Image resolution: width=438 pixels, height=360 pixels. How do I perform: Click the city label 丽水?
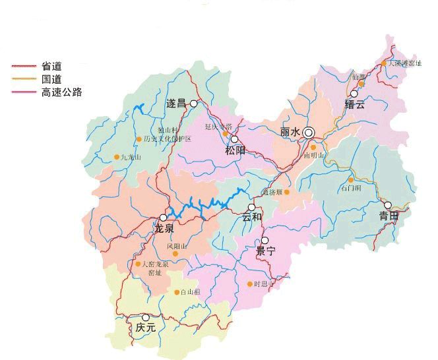click(x=290, y=133)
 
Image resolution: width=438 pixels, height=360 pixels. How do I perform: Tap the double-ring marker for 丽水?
click(x=309, y=133)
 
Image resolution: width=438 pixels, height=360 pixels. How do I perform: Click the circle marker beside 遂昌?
click(x=194, y=104)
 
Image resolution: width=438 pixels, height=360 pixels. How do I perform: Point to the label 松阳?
click(x=235, y=150)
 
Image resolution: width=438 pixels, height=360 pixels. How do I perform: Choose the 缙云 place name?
click(x=354, y=105)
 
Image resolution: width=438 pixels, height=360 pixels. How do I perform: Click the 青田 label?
click(x=389, y=216)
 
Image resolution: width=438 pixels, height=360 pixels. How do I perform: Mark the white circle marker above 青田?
click(x=388, y=205)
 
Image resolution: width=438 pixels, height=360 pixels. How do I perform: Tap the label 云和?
click(x=252, y=217)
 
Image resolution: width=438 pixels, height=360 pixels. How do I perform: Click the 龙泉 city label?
click(x=164, y=229)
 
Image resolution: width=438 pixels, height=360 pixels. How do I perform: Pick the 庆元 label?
click(x=145, y=327)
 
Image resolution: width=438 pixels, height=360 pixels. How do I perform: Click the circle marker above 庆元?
click(x=146, y=317)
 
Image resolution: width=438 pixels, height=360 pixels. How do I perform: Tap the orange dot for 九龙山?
click(x=117, y=157)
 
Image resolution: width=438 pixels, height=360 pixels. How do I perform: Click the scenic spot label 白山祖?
click(x=191, y=292)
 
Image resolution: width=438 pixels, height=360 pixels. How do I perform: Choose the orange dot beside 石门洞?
click(x=351, y=179)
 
